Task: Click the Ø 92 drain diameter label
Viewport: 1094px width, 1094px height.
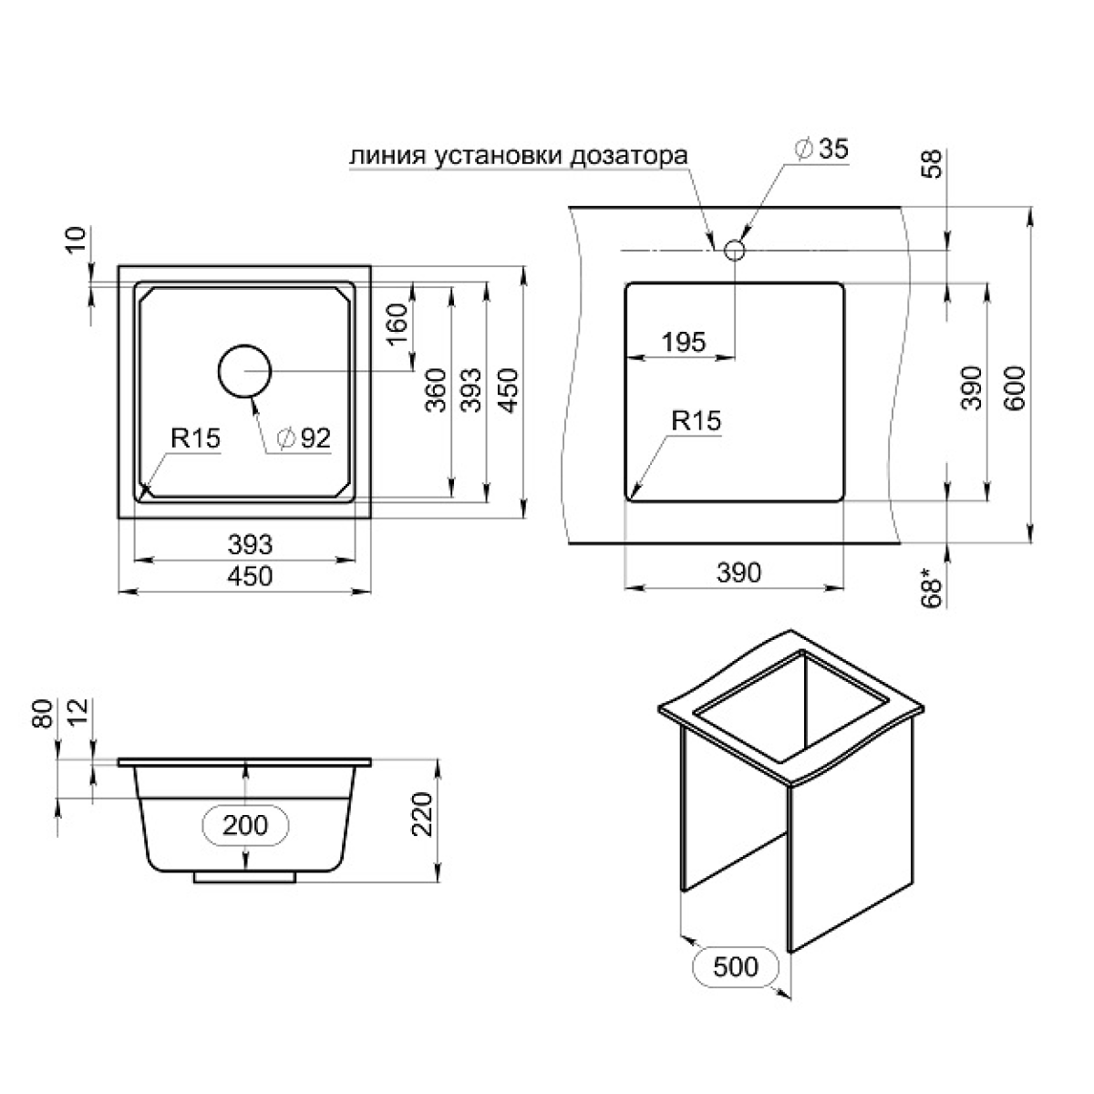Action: click(x=304, y=438)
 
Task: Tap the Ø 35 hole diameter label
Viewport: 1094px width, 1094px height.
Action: click(x=821, y=149)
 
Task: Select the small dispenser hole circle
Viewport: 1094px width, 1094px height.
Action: click(x=735, y=249)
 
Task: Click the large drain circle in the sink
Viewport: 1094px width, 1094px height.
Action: click(x=244, y=371)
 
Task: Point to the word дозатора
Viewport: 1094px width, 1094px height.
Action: click(x=628, y=156)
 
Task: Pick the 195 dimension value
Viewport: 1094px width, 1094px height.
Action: click(x=684, y=342)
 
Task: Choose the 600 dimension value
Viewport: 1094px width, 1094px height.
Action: click(x=1015, y=388)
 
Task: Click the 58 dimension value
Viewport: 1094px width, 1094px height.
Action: click(x=932, y=163)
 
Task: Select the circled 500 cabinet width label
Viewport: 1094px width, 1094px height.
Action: click(x=736, y=966)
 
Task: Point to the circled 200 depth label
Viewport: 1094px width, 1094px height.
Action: click(x=245, y=825)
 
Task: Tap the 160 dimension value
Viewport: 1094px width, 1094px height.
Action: click(x=397, y=324)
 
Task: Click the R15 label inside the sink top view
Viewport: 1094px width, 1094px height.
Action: click(x=195, y=439)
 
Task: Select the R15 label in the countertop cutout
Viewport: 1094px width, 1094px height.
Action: click(x=696, y=420)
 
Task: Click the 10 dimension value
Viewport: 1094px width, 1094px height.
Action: click(x=76, y=240)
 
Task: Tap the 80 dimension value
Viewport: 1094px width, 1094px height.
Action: click(x=44, y=714)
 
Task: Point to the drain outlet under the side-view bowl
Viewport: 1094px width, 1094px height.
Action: click(x=244, y=878)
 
